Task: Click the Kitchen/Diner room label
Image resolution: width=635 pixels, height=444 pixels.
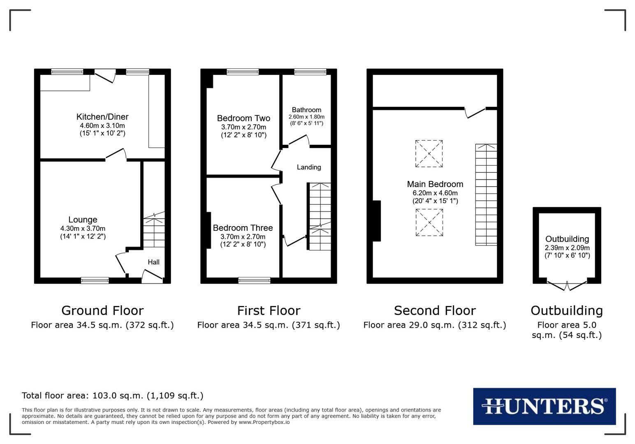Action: tap(102, 117)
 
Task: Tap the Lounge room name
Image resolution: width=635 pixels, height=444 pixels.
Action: tap(83, 220)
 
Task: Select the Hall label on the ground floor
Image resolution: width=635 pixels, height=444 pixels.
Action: tap(153, 262)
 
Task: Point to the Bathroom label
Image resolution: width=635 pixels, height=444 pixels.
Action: tap(306, 110)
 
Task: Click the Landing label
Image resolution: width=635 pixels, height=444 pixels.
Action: tap(309, 167)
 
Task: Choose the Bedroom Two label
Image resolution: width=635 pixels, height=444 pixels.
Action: tap(243, 118)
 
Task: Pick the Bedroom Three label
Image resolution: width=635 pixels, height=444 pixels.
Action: tap(243, 228)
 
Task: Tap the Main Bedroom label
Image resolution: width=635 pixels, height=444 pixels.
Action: tap(435, 184)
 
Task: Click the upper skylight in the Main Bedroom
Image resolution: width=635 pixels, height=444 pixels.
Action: tap(429, 154)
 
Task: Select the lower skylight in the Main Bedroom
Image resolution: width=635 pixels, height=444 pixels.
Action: tap(429, 222)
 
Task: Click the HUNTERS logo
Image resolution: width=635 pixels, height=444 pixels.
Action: tap(544, 406)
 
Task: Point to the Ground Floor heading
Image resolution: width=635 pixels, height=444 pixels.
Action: tap(102, 310)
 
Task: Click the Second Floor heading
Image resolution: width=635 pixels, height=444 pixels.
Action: tap(435, 310)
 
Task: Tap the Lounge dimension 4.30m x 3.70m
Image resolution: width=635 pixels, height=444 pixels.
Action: tap(83, 229)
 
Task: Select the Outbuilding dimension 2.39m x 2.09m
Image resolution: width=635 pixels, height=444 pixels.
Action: tap(567, 248)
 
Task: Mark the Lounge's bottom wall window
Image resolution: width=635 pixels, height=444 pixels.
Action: tap(95, 280)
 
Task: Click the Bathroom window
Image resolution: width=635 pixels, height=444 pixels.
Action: tap(310, 72)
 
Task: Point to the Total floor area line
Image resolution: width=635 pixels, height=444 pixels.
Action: tap(113, 395)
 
